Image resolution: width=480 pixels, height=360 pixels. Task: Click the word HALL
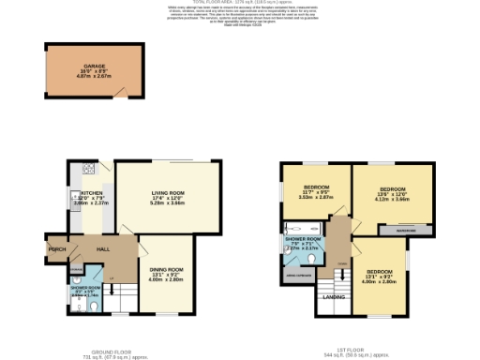click(104, 248)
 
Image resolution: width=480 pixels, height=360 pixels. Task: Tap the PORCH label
click(54, 248)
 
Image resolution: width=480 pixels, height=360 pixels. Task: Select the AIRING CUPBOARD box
click(297, 276)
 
